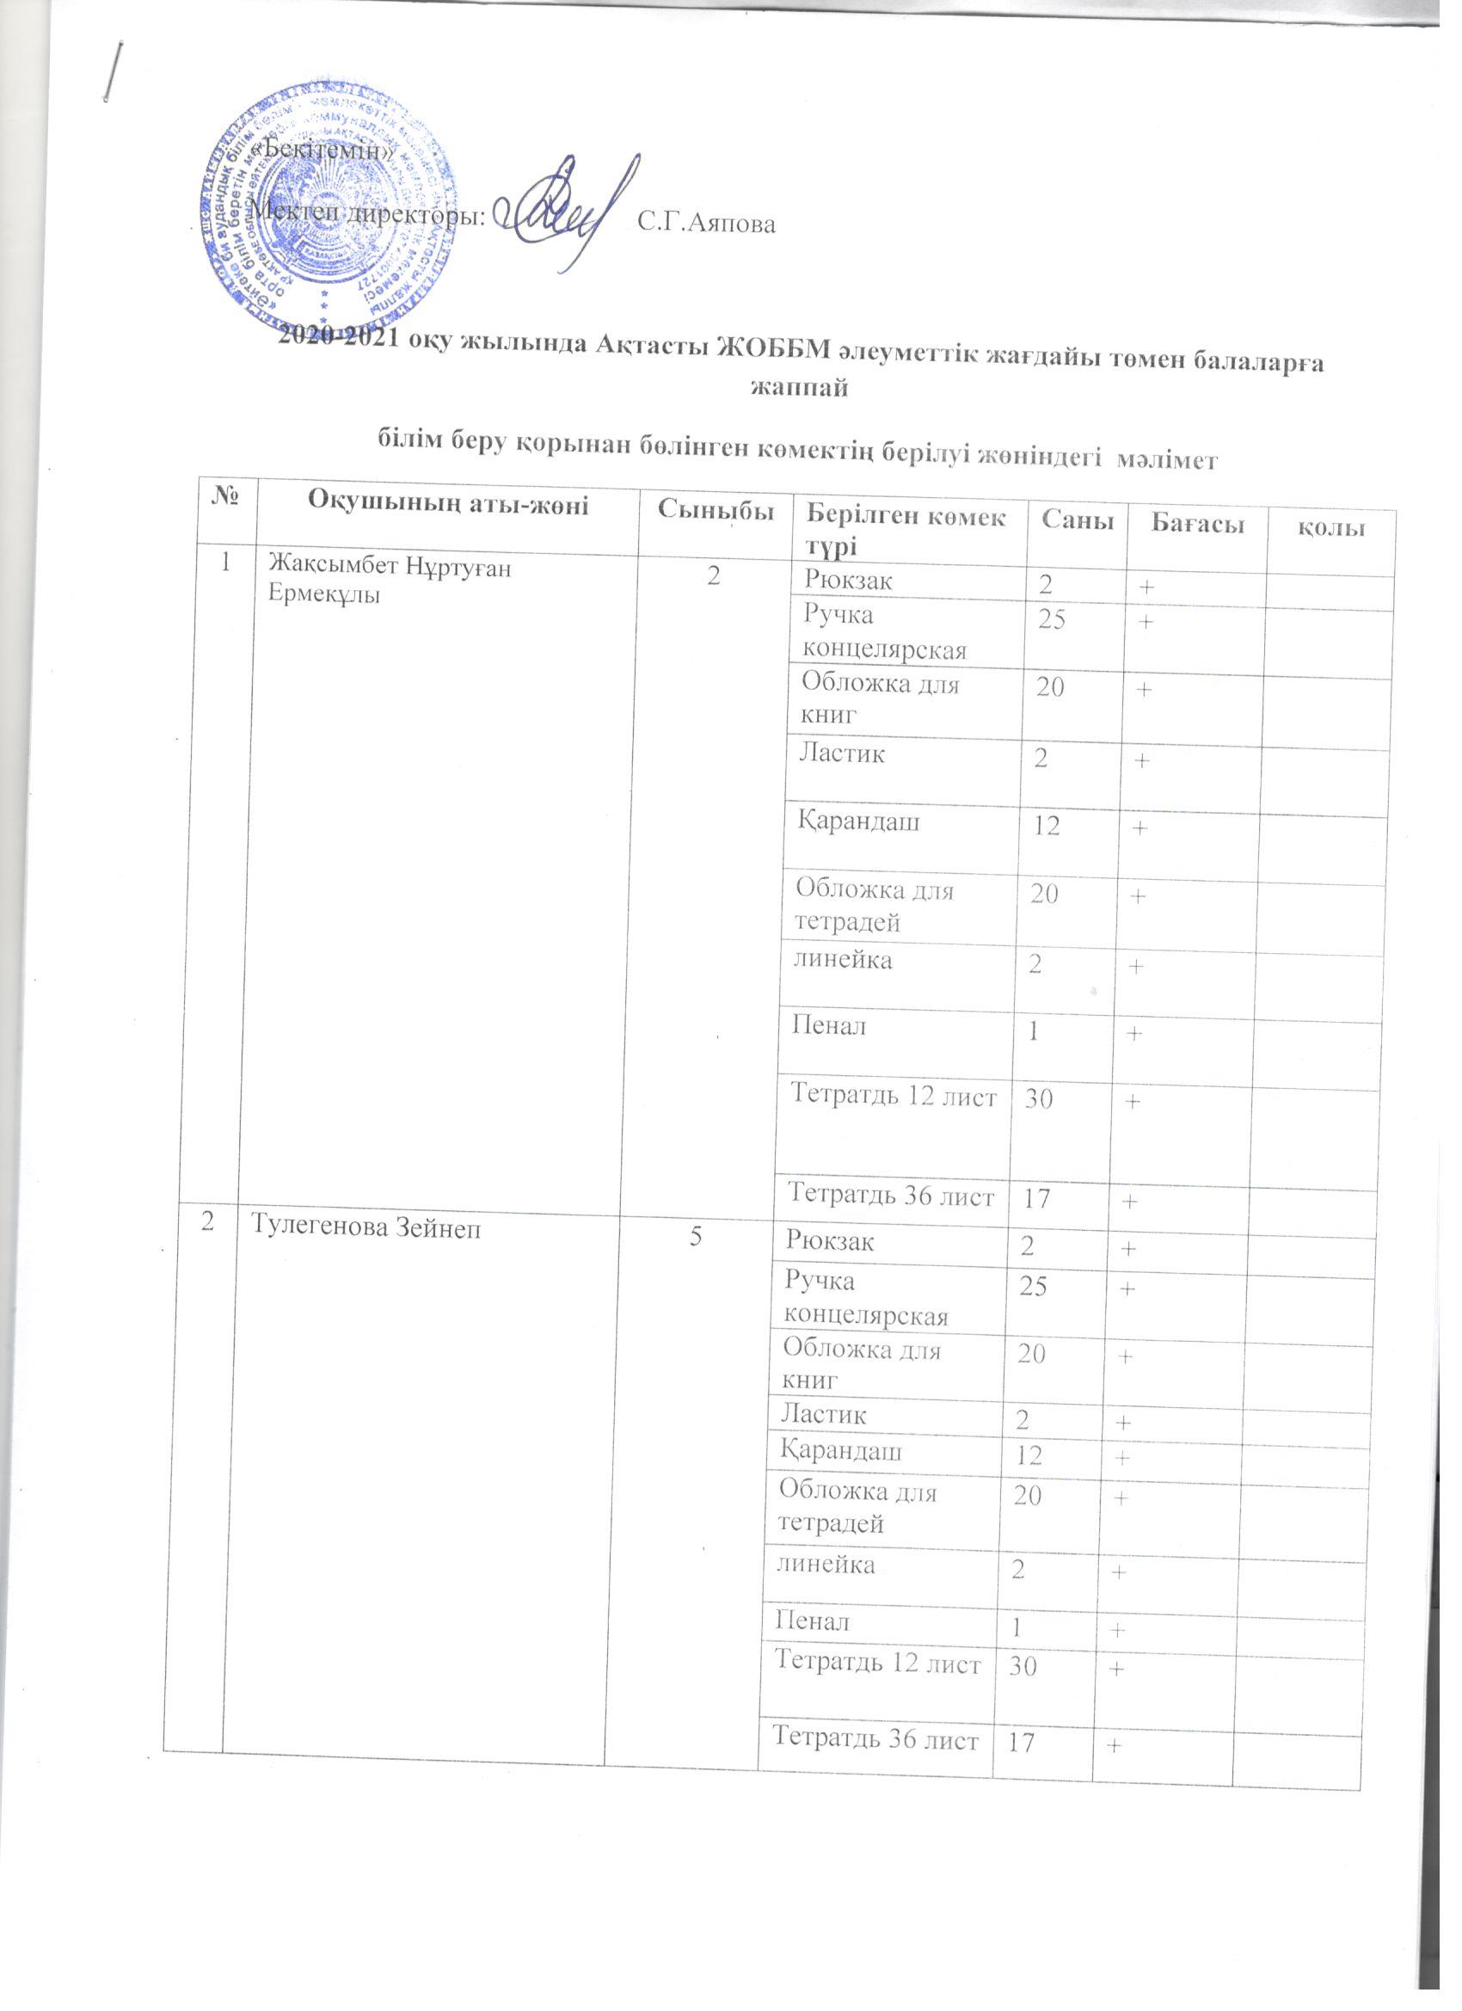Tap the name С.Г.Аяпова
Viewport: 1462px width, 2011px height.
point(707,224)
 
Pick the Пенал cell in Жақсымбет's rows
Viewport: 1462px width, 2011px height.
point(830,1028)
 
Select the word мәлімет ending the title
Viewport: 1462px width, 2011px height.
point(1171,458)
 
